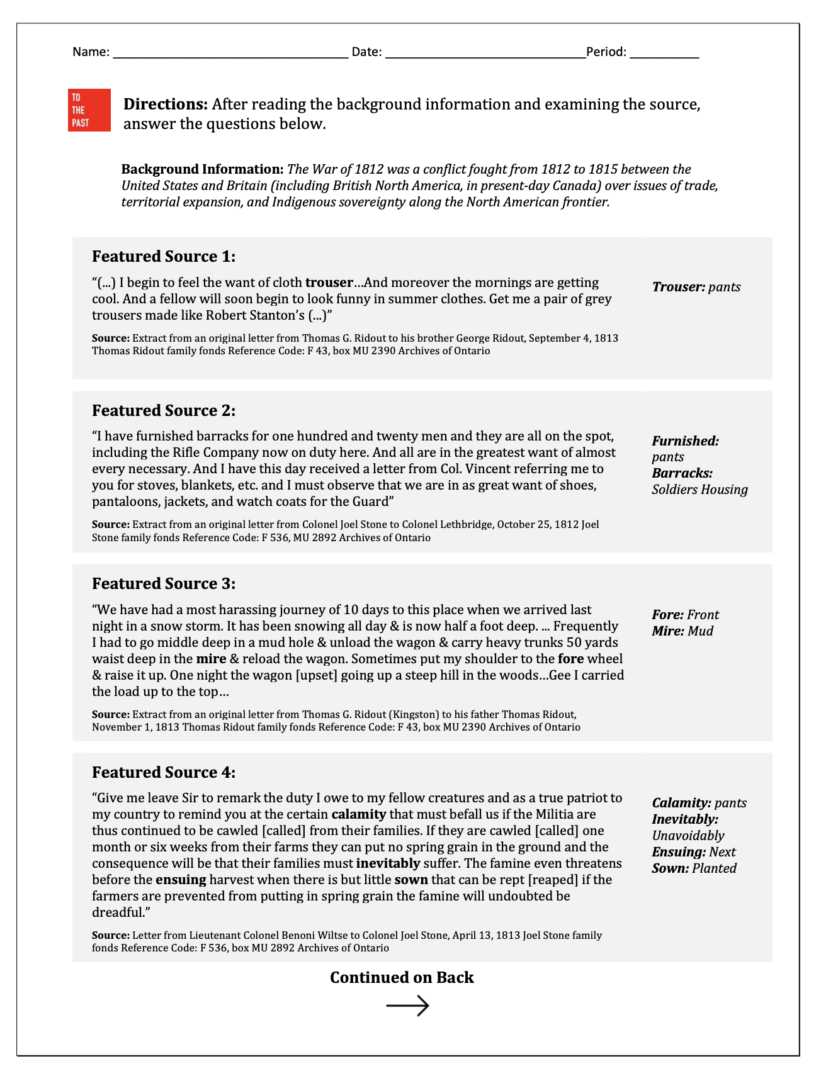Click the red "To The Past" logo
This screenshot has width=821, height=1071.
point(89,110)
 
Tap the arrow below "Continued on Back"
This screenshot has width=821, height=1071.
point(407,1006)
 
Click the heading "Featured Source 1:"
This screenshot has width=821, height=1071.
point(164,257)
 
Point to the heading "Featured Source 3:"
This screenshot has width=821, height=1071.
point(164,584)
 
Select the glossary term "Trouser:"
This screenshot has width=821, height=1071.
point(678,287)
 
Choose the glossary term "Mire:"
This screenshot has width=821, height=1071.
point(667,631)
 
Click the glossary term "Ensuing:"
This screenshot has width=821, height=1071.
point(679,852)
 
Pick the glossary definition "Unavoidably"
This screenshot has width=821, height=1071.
point(688,836)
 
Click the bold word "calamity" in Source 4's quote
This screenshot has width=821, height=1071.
point(358,814)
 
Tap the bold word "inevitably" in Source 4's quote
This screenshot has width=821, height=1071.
point(388,863)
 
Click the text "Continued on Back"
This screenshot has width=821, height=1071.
point(402,977)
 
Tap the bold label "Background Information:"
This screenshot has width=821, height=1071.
point(202,169)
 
